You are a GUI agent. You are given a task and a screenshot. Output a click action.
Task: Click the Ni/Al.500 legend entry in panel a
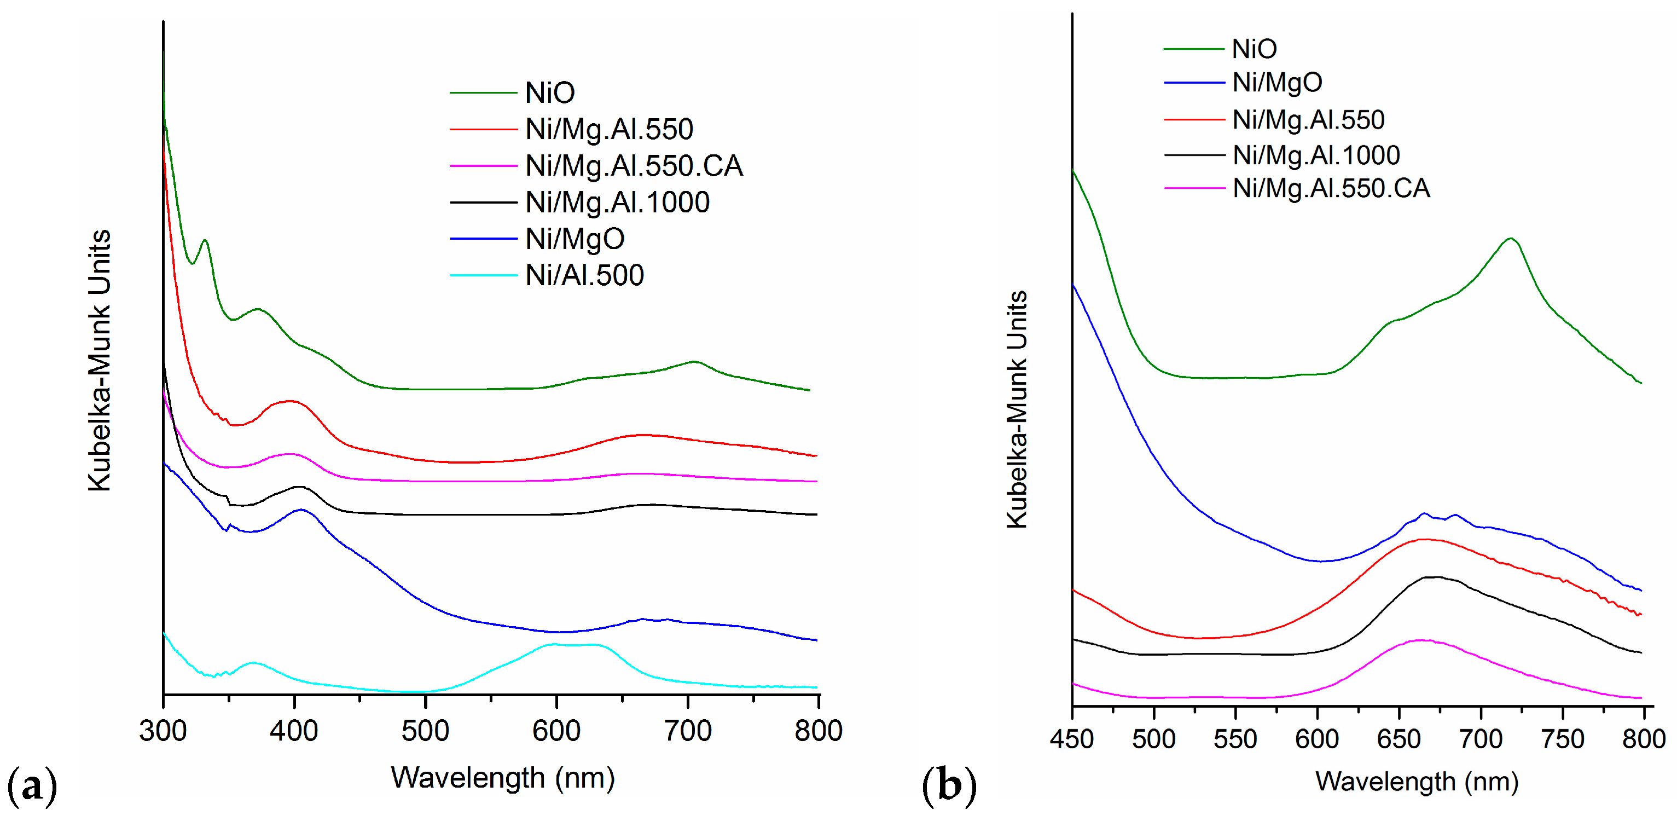tap(584, 275)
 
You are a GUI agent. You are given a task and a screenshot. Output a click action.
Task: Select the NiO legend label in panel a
tap(549, 93)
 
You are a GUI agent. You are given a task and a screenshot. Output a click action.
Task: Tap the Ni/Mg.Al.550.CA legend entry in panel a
tap(634, 166)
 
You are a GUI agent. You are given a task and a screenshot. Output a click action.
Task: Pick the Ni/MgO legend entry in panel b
tap(1276, 83)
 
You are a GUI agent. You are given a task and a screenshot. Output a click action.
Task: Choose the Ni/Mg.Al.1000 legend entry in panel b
tap(1316, 155)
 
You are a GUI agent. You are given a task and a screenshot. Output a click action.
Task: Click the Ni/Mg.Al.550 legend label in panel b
tap(1308, 120)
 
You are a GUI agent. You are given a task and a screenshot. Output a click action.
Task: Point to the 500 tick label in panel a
tap(425, 731)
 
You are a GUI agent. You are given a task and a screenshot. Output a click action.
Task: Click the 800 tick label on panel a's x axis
tap(817, 731)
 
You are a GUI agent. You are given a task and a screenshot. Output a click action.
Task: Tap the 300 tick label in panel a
tap(163, 731)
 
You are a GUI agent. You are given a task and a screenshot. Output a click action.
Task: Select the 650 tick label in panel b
tap(1399, 739)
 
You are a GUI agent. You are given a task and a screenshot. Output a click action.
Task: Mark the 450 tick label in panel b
tap(1071, 739)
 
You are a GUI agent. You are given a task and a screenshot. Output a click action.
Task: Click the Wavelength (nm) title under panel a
tap(503, 778)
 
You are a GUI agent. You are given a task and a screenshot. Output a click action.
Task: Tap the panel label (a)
tap(31, 786)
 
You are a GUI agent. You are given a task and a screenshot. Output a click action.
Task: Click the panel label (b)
tap(949, 786)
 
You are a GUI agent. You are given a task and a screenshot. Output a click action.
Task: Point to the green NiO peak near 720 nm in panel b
tap(1510, 239)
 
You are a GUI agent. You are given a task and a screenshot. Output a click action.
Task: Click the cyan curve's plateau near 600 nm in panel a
tap(573, 645)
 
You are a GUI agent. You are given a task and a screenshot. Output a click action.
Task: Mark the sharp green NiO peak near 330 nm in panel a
tap(205, 240)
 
